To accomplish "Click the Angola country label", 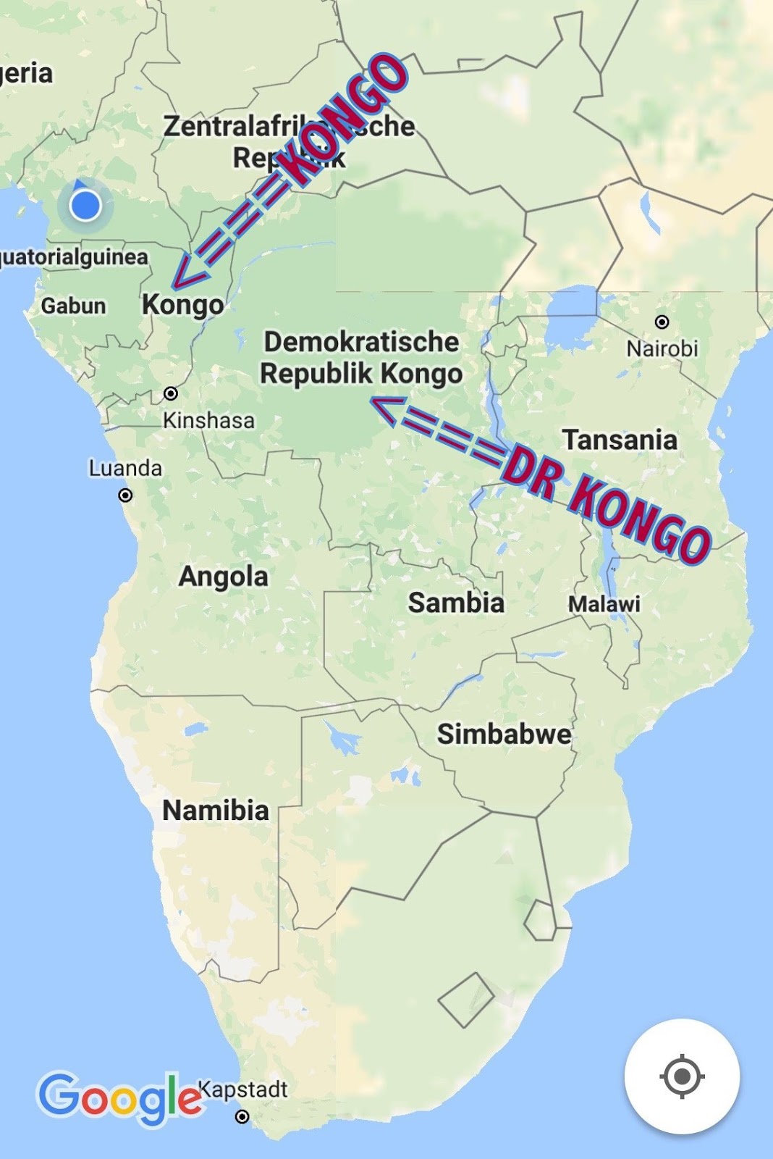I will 223,577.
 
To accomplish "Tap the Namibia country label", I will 215,810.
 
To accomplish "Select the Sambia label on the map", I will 455,603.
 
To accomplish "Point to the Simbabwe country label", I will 504,734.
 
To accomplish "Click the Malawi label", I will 604,603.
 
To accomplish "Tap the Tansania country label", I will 620,440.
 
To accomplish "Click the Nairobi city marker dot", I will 662,322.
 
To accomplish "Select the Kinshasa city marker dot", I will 171,393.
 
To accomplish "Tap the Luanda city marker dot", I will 125,495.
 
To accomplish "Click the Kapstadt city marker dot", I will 242,1116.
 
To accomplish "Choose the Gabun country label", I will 73,306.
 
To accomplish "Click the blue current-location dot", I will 85,206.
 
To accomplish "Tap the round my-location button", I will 682,1076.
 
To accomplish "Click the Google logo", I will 119,1098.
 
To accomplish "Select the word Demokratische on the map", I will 361,342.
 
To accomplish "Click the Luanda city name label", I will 125,469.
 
